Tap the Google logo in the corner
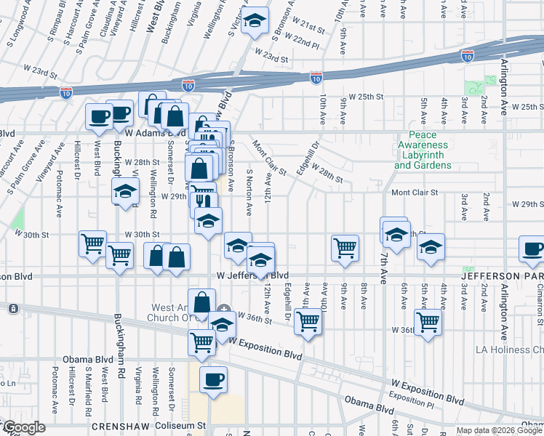coord(24,427)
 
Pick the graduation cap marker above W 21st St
coord(255,22)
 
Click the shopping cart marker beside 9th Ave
coord(344,247)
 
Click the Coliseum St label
coord(188,427)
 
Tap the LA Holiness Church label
coord(503,350)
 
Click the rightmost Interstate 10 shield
coord(467,56)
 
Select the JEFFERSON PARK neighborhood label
coord(502,276)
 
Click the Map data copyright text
coord(487,430)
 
